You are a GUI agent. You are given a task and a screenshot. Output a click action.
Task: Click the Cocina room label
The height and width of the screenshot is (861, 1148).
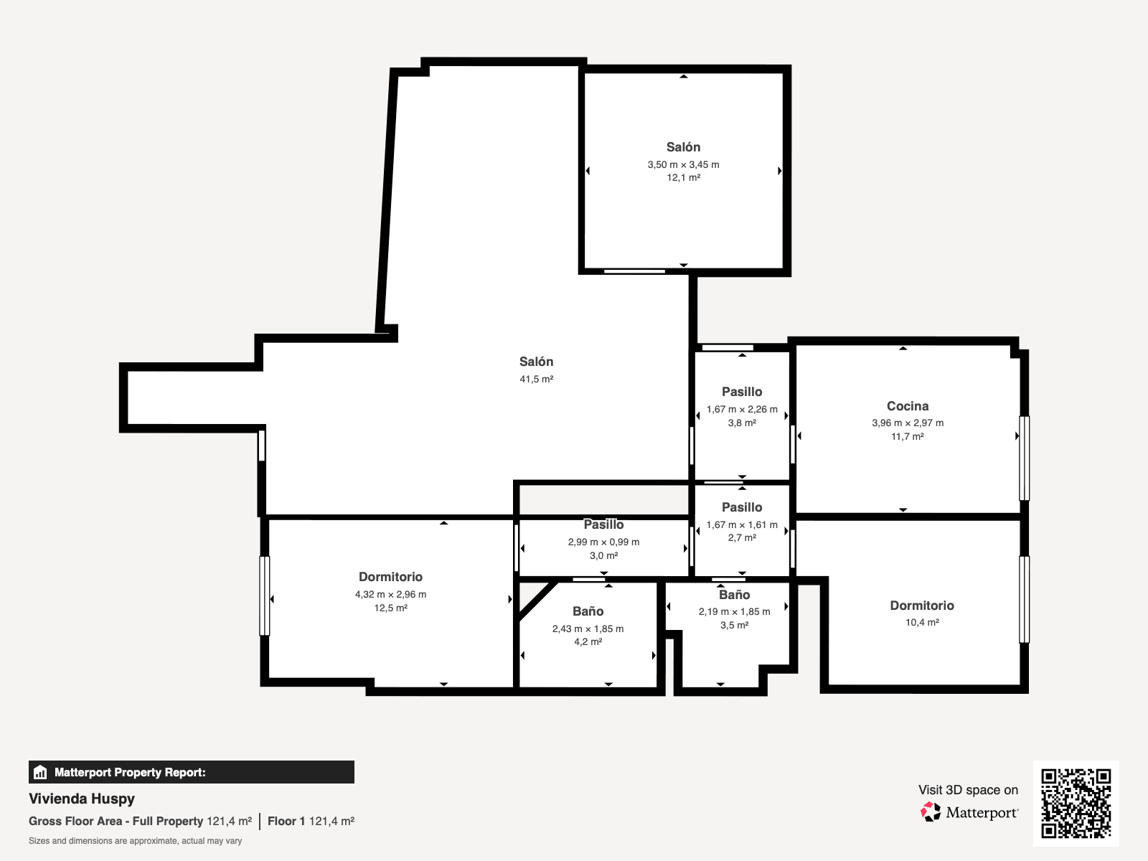(908, 406)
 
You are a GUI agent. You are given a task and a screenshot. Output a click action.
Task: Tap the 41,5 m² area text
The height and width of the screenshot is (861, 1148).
(536, 379)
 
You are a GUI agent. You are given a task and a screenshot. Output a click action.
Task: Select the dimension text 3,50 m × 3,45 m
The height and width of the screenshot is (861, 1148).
(683, 165)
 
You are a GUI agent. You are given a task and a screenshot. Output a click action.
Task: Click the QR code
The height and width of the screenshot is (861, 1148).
(1076, 803)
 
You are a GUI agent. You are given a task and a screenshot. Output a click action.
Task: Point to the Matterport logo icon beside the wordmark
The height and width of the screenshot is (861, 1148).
(931, 812)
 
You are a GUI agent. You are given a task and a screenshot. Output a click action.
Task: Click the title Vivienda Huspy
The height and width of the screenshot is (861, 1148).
(82, 799)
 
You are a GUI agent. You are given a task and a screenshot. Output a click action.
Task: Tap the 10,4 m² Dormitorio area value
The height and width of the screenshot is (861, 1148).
(922, 622)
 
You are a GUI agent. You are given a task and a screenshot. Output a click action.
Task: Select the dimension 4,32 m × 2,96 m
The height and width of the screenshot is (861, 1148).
(390, 594)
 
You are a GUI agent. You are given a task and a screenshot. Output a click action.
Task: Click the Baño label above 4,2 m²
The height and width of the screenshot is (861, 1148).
(588, 611)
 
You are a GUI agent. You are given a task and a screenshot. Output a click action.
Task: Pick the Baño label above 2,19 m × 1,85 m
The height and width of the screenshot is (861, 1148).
(734, 595)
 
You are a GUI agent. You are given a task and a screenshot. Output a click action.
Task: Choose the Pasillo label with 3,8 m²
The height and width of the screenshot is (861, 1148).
(742, 392)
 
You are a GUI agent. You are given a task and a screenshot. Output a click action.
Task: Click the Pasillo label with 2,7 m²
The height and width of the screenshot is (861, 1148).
(742, 507)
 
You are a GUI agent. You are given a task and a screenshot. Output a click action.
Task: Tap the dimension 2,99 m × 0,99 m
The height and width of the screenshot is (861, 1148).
(603, 542)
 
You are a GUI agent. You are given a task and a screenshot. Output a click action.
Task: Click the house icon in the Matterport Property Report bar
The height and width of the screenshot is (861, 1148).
(40, 772)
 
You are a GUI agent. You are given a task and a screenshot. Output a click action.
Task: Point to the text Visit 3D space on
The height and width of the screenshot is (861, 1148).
(968, 790)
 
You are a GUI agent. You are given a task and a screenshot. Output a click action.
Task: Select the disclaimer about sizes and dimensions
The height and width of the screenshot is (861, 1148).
(135, 841)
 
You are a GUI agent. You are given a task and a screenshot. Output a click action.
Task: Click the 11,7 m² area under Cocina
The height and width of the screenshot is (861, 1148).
(908, 436)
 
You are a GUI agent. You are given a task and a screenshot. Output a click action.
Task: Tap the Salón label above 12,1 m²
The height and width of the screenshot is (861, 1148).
(683, 147)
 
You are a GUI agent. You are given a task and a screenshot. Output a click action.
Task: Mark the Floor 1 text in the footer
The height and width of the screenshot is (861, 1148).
(286, 822)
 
